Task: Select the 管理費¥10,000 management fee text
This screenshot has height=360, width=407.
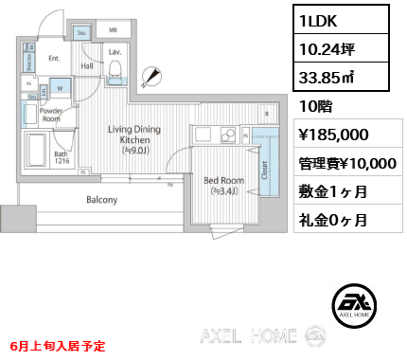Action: coord(347,163)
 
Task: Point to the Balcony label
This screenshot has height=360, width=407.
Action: coord(101,200)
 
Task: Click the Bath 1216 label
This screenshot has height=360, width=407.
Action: coord(62,158)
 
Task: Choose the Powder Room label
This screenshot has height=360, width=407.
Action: coord(51,116)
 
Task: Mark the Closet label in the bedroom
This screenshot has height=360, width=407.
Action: coord(265,168)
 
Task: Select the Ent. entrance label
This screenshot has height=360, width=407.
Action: coord(54,59)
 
